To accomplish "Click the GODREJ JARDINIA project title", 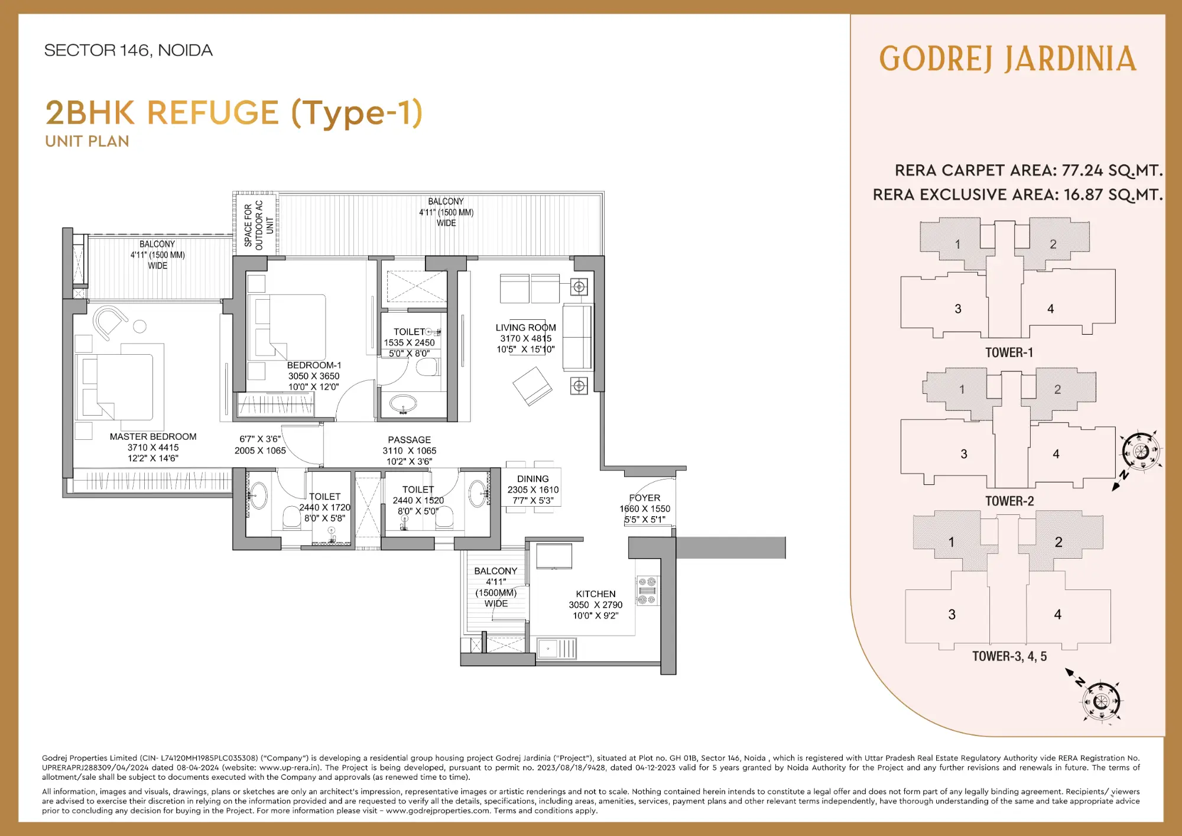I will point(1008,59).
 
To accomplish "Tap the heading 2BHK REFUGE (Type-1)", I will point(234,113).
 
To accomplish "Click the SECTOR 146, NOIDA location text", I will point(128,50).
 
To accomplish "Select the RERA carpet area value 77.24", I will point(1082,171).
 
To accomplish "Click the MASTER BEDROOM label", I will point(153,437).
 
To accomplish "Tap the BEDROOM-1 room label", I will point(314,365).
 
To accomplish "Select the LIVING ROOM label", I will point(525,328).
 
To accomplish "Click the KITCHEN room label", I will point(596,594).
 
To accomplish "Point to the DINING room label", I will point(532,479).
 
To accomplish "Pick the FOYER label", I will point(645,498).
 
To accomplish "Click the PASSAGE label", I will point(409,440).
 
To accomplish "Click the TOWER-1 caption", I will point(1009,353).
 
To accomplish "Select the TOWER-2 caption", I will point(1009,501).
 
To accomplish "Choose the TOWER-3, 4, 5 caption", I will point(1009,656).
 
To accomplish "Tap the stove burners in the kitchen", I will point(648,591).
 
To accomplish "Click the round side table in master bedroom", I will point(140,326).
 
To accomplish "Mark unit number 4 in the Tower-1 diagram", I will point(1050,309).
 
